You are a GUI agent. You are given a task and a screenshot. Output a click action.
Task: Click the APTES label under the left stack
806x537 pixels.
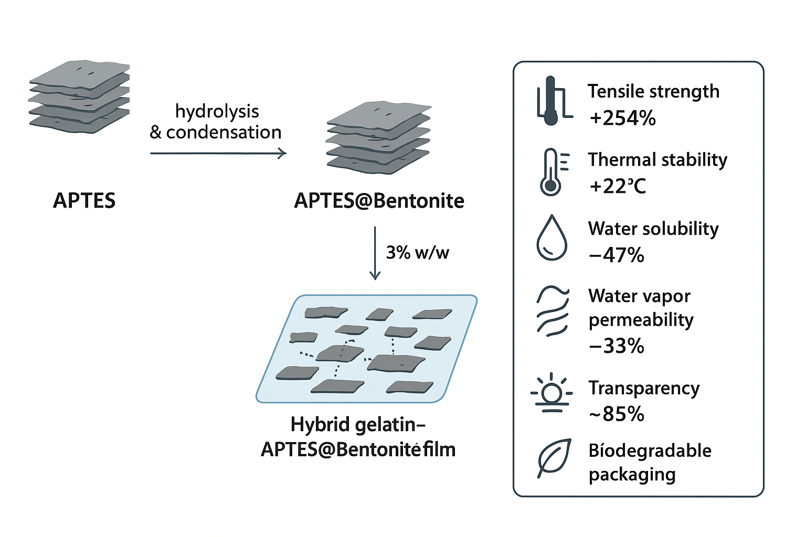(84, 201)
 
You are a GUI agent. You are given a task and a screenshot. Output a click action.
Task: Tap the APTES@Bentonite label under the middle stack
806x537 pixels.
(379, 201)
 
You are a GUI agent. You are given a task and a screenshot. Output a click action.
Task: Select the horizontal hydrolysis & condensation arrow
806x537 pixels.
(218, 153)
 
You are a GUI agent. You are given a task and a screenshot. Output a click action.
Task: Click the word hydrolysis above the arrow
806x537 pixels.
(217, 111)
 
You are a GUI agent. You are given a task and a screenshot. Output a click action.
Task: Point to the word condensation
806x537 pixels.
(224, 132)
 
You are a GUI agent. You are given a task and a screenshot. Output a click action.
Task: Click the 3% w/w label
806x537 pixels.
(418, 252)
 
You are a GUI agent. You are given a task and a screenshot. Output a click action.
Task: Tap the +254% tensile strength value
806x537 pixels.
(622, 118)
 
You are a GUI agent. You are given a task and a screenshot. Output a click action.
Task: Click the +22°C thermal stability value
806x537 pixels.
(617, 186)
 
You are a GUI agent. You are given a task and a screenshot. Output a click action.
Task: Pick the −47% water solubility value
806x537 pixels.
(617, 255)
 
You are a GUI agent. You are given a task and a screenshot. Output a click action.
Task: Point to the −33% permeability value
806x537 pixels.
(617, 346)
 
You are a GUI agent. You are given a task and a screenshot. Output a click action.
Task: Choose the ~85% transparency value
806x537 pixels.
(617, 414)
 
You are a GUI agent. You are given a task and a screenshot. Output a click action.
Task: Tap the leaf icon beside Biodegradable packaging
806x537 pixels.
(554, 457)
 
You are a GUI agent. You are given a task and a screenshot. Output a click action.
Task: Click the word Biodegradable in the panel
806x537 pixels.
(650, 450)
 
